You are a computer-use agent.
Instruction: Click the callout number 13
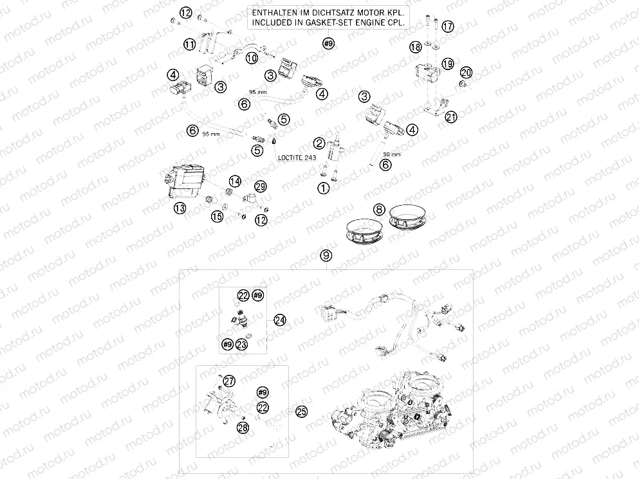tap(180, 207)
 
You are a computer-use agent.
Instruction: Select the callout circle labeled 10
tap(252, 58)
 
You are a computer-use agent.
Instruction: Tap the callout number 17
tap(447, 26)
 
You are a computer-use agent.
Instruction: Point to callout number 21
tap(451, 116)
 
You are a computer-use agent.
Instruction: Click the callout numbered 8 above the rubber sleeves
tap(380, 209)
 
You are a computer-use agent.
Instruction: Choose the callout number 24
tap(279, 320)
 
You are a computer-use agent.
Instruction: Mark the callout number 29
tap(260, 186)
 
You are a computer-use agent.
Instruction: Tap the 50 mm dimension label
tap(392, 154)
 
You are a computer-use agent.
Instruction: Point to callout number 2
tap(319, 143)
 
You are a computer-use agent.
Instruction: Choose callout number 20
tap(466, 72)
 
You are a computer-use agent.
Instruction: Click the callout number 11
tap(189, 44)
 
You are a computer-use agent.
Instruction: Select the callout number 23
tap(242, 345)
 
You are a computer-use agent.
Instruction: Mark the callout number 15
tap(218, 217)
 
